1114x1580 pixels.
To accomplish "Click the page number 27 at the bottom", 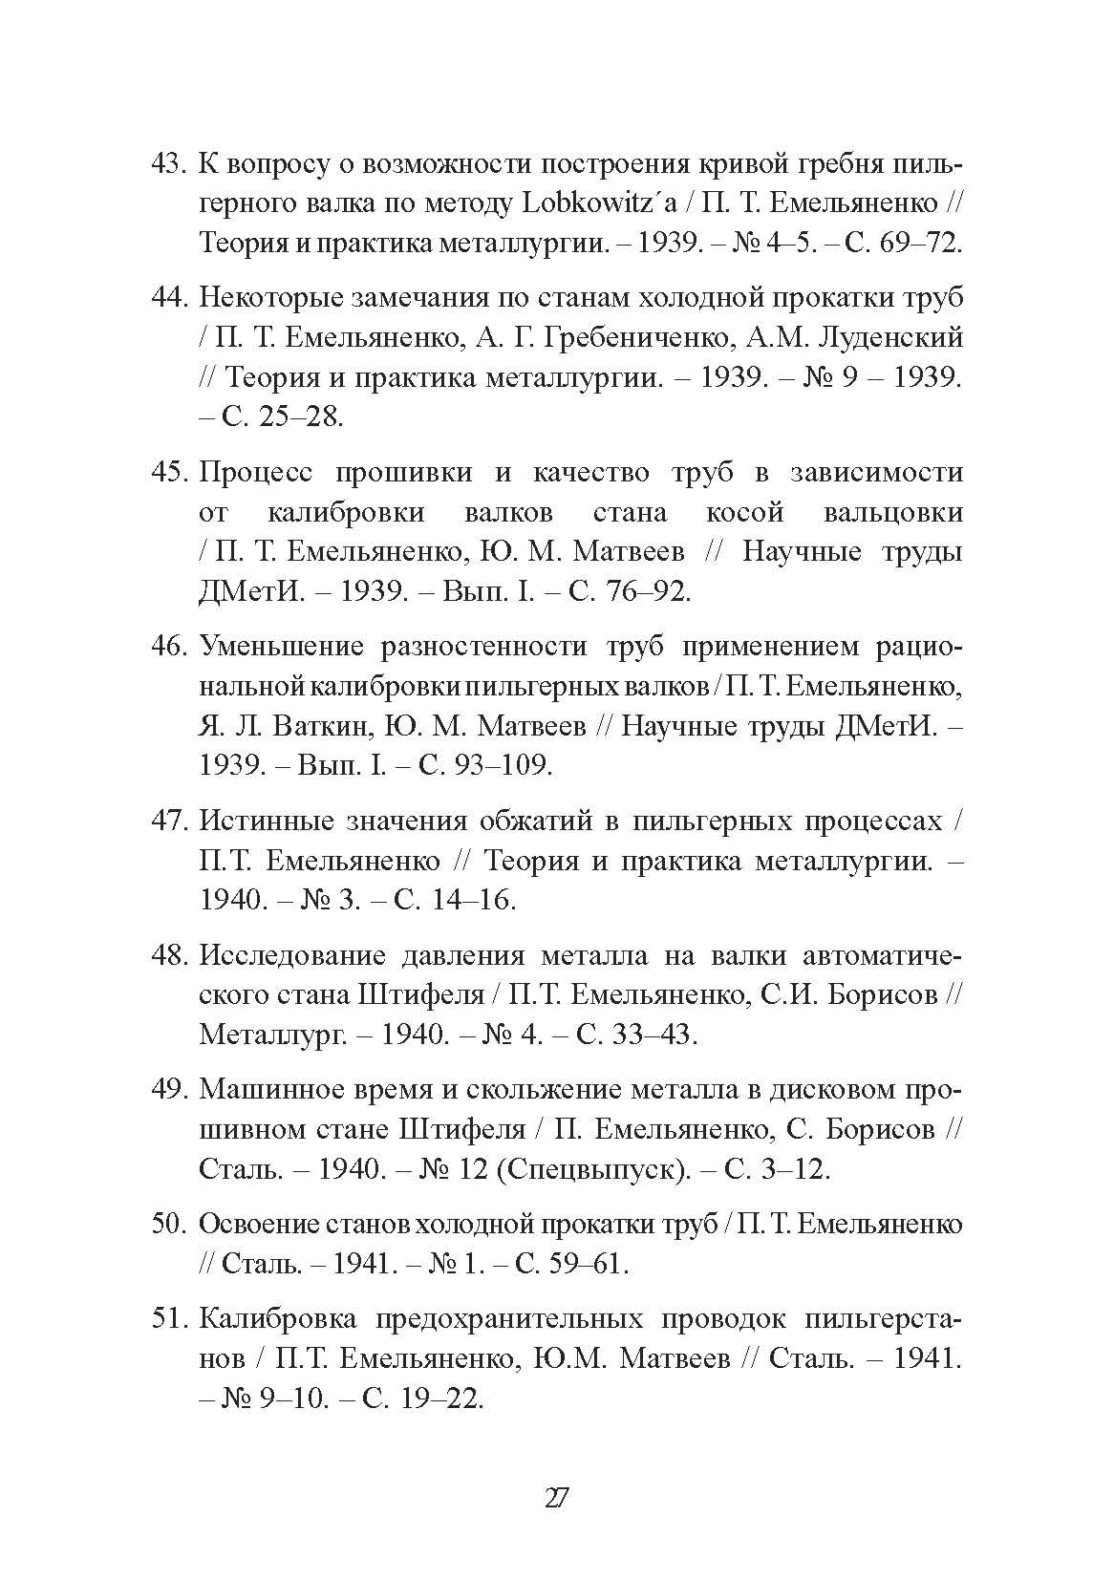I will [556, 1498].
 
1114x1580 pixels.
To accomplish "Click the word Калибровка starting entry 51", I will [278, 1319].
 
